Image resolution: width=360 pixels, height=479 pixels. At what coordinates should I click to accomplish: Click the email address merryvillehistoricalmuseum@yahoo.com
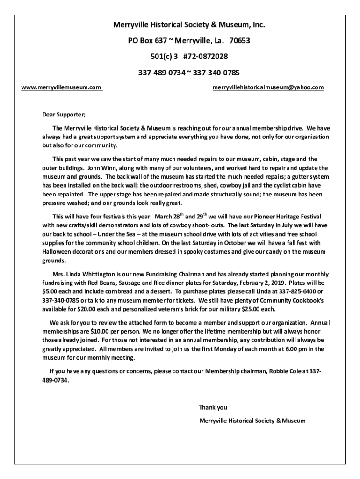[x=268, y=87]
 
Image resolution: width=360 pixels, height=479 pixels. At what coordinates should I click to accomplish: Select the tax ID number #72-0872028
[x=206, y=56]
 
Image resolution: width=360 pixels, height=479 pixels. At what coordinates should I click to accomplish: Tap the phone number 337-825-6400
[x=285, y=291]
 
